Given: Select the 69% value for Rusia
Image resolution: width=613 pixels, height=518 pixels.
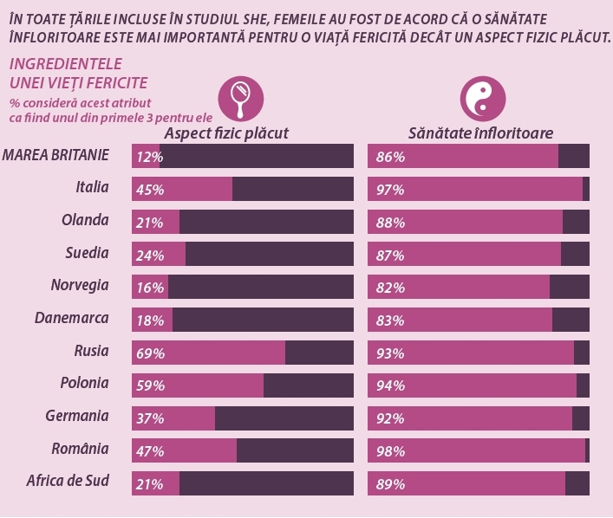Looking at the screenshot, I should [x=150, y=353].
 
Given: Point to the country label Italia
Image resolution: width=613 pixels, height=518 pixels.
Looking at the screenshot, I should [x=92, y=187].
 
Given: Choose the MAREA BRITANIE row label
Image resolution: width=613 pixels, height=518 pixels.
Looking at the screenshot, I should [x=56, y=155].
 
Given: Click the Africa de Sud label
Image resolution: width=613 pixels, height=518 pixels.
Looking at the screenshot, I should [x=68, y=481].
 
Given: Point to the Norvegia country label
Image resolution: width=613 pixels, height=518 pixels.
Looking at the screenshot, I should [x=81, y=285].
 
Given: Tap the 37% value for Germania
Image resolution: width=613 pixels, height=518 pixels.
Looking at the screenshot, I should [x=150, y=418].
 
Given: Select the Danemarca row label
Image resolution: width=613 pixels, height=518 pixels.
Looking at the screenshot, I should [x=72, y=318].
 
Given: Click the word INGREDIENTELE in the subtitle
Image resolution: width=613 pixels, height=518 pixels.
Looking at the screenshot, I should [x=65, y=65].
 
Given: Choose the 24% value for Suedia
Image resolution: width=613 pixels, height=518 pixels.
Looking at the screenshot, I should [x=150, y=256].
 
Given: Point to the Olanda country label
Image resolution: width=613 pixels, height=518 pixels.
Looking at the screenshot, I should [x=85, y=220].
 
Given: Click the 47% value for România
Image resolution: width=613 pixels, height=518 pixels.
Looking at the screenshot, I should [x=150, y=450].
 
